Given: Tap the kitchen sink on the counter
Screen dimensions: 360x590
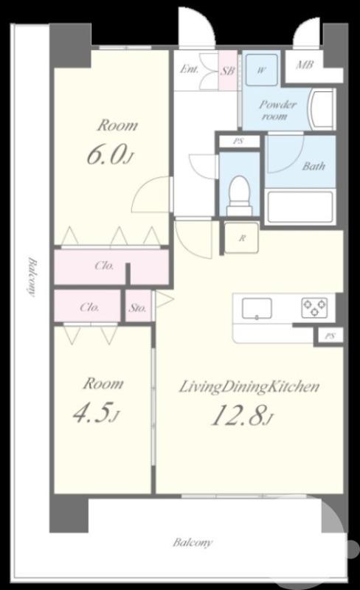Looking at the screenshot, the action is point(257,308).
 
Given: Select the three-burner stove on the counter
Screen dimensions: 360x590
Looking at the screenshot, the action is point(314,308).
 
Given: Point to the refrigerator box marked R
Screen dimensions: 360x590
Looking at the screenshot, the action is point(242,237).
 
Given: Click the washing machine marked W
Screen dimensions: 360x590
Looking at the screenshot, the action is point(262,70).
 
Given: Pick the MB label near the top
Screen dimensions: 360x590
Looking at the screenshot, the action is point(304,65).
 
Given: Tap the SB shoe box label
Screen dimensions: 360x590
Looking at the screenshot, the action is point(227,70).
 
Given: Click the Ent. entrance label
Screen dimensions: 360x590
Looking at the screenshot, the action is point(189,69).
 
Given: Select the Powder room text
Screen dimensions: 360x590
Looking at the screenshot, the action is point(278,110).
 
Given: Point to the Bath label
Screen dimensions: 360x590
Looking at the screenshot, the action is point(314,166).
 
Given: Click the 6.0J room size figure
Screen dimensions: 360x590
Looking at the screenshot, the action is point(110,155).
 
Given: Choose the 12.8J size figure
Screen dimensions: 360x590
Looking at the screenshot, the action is point(241,415).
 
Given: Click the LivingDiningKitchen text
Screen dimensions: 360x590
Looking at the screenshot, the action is point(249,386).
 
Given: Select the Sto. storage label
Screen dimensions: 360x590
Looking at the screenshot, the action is point(137,308).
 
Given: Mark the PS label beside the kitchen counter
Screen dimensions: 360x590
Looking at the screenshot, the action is point(330,336).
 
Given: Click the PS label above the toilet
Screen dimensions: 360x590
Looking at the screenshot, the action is point(238,142).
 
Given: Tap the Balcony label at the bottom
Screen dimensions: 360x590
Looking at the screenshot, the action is point(193,542).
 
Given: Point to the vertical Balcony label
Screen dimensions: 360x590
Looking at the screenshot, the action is point(32,277).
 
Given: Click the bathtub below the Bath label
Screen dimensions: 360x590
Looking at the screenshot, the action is point(300,206).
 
